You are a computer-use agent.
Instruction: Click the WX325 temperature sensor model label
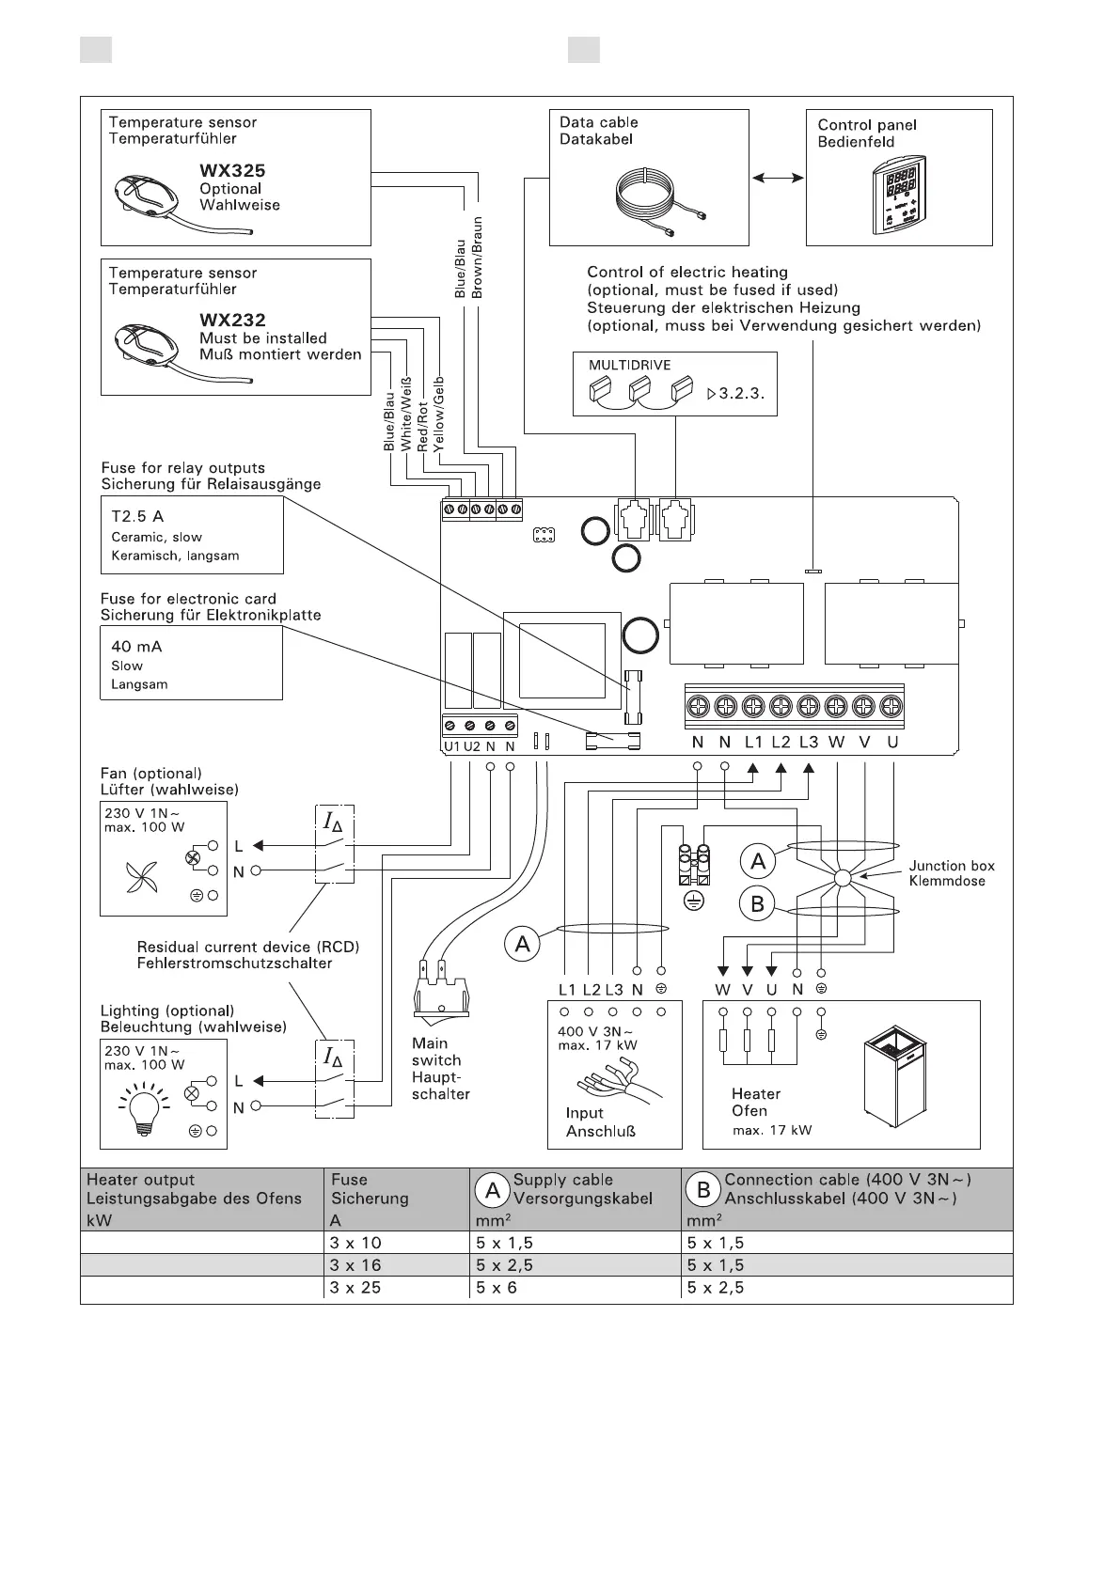tap(232, 171)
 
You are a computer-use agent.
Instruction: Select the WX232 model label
tap(232, 321)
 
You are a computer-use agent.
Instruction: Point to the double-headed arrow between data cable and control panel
tap(778, 177)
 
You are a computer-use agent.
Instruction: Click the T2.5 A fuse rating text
tap(138, 516)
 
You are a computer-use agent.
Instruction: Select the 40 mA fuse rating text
tap(136, 647)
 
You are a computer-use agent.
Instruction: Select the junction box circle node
tap(842, 878)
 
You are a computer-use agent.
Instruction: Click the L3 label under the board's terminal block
tap(809, 743)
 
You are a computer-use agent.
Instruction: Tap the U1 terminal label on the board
tap(451, 746)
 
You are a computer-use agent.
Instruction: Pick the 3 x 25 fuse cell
tap(356, 1288)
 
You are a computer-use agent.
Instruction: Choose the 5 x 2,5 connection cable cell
tap(715, 1288)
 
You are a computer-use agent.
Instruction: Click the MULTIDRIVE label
tap(630, 366)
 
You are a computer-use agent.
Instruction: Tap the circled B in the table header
tap(703, 1190)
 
